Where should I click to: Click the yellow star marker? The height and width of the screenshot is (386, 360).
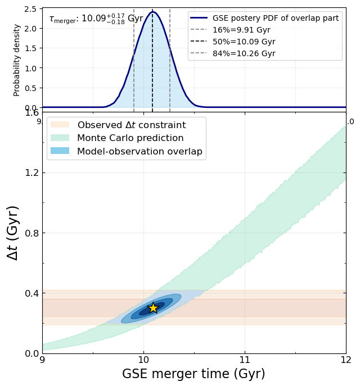point(153,308)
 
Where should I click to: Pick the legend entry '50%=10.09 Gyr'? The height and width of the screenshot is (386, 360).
point(233,42)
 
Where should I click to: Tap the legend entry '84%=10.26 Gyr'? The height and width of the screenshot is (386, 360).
point(233,53)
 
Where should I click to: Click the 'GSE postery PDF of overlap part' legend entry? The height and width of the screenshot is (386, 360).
point(264,18)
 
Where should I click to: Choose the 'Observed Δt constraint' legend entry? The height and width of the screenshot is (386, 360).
point(118,125)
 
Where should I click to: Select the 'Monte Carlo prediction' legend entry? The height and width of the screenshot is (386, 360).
point(117,138)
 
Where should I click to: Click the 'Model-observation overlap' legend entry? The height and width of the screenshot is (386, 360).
point(127,151)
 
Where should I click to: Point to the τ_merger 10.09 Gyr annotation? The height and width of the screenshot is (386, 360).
point(96,19)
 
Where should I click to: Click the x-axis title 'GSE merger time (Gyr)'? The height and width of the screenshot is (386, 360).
point(193,374)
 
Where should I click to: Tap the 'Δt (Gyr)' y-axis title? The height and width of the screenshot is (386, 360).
point(12,233)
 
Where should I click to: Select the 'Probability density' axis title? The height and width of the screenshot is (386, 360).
point(16,60)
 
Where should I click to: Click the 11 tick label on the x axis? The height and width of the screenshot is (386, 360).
point(245,360)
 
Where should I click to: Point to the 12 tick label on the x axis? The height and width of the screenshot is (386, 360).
point(346,360)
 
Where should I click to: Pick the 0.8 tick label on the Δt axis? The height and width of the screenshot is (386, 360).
point(32,233)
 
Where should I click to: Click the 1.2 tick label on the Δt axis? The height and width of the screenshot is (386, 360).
point(32,173)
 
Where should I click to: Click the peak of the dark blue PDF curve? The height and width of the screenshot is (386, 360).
point(152,12)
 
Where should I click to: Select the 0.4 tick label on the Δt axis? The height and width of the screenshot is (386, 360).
point(32,293)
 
